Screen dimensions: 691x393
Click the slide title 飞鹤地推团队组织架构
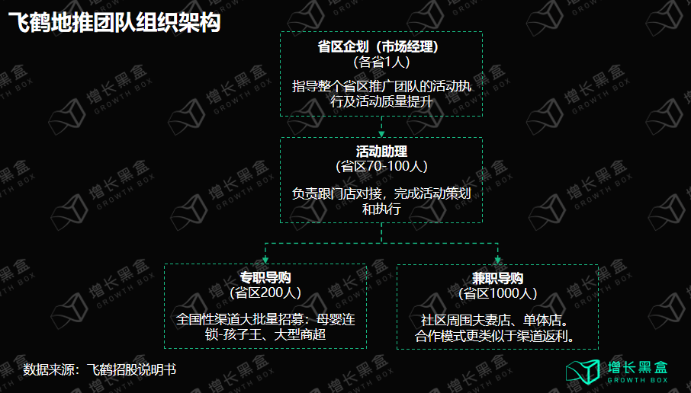point(114,22)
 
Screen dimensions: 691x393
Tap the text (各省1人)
point(381,62)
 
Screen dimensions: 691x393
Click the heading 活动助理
point(381,152)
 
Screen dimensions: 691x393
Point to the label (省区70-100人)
point(381,166)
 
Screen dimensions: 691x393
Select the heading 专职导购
point(265,277)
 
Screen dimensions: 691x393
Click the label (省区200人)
point(265,292)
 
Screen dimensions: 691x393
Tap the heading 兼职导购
point(497,278)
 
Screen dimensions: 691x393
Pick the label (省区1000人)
point(497,293)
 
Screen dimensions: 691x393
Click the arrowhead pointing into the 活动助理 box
point(381,134)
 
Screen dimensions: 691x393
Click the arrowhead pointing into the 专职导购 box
point(265,260)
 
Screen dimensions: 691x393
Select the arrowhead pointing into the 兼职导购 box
point(497,260)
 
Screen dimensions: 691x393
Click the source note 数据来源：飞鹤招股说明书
point(100,369)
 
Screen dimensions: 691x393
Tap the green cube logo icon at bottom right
point(583,372)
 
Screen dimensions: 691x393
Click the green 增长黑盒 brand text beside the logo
point(638,367)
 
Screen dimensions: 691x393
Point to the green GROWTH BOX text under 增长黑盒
point(638,380)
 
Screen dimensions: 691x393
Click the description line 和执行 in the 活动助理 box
point(381,209)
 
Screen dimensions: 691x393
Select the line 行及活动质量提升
point(381,101)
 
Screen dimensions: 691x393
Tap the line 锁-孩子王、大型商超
point(265,334)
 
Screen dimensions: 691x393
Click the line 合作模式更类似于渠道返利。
point(495,336)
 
